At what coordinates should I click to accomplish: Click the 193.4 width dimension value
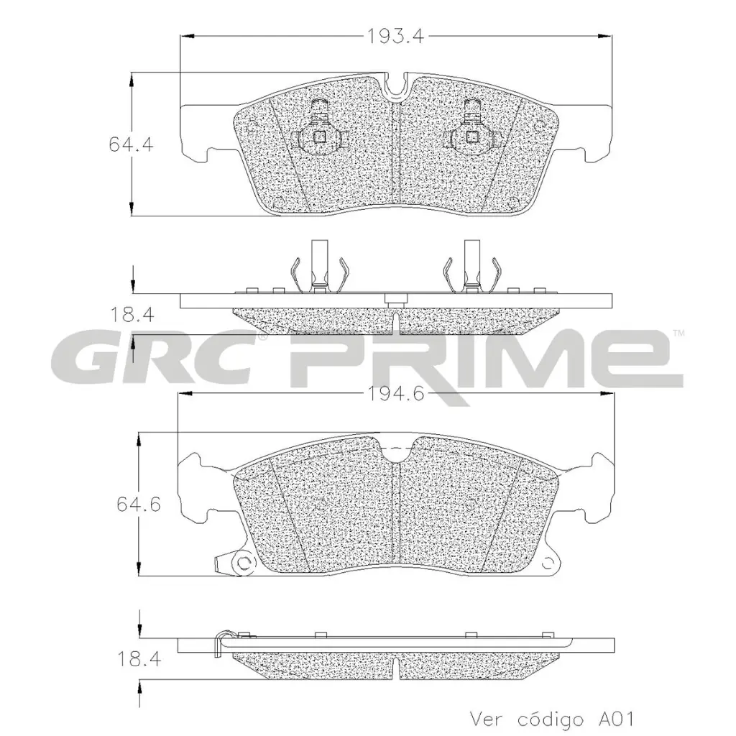(394, 36)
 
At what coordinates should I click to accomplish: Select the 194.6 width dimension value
(394, 393)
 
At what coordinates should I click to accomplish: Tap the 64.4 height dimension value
(131, 144)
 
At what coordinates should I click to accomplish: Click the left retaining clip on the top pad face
(319, 131)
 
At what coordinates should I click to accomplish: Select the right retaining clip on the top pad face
(471, 131)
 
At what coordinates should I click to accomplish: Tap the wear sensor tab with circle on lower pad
(239, 563)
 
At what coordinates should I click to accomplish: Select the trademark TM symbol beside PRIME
(678, 333)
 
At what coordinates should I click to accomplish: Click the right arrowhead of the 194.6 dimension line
(608, 393)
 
